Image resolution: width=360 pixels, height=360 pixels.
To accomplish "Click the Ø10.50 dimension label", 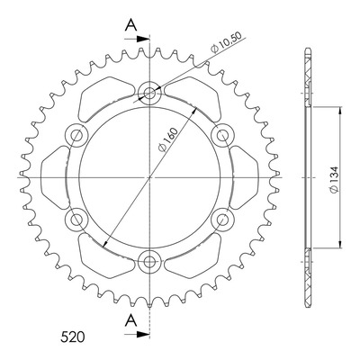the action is [226, 42].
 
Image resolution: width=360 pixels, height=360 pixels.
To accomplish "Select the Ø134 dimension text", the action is [334, 180].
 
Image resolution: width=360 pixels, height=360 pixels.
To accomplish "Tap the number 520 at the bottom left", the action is [73, 337].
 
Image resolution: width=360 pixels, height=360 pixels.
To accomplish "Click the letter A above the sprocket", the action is [130, 25].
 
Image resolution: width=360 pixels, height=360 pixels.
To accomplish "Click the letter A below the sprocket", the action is [130, 320].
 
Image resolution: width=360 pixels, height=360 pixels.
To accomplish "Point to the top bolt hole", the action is [149, 94].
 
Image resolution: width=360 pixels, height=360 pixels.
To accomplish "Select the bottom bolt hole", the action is [149, 262].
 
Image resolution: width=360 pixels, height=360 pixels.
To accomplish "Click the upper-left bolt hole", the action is [76, 135].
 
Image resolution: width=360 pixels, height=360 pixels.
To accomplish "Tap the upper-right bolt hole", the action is [222, 135].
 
